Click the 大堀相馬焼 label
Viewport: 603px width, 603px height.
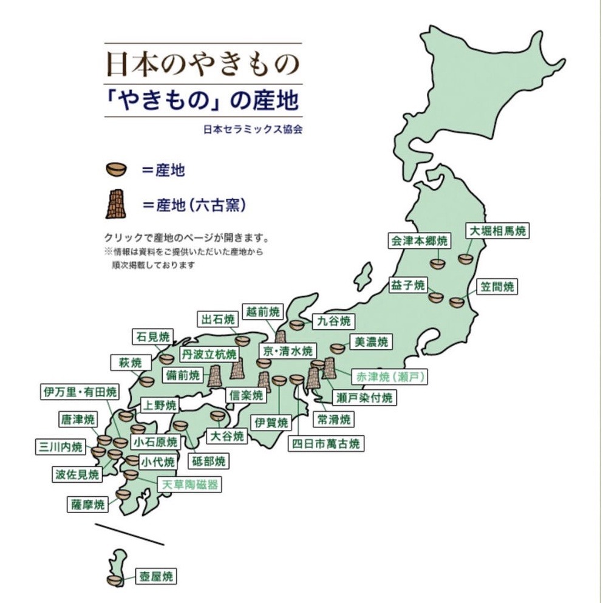coord(498,231)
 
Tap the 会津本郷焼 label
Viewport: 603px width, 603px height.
coord(419,241)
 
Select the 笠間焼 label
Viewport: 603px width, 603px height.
coord(496,287)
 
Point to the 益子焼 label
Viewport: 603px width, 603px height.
coord(409,285)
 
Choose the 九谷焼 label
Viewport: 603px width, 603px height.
coord(333,321)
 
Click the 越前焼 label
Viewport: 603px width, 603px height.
coord(262,312)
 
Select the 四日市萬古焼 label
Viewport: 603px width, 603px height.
coord(325,443)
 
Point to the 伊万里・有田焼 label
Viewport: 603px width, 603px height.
coord(80,391)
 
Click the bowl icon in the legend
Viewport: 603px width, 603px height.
coord(116,169)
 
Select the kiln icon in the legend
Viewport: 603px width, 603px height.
coord(116,204)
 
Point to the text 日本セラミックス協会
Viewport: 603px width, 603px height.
coord(253,129)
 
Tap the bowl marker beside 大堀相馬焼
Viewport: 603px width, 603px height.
coord(466,259)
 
